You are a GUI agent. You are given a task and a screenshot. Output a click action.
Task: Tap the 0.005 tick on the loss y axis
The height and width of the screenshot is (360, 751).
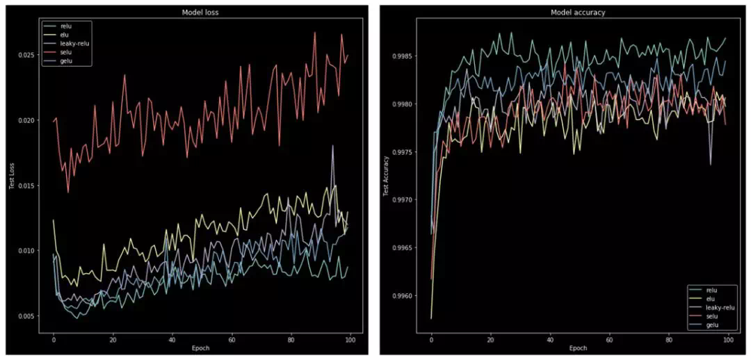(29, 316)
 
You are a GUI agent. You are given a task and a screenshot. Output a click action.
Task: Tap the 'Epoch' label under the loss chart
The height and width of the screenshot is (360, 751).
(201, 347)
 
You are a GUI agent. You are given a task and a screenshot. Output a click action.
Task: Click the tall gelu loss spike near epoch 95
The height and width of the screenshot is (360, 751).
(333, 146)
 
